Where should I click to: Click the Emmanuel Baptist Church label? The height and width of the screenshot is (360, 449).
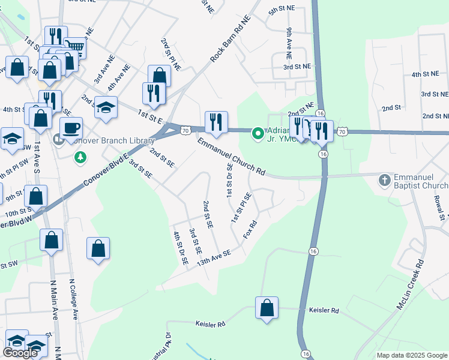tap(421, 180)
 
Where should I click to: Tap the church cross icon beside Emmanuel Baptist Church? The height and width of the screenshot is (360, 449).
tap(385, 179)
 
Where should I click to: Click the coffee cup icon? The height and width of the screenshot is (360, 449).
tap(71, 127)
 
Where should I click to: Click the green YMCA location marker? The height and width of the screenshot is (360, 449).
tap(258, 133)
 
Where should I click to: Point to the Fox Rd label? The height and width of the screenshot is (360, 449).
tap(250, 230)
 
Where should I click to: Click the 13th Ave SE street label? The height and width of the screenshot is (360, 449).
tap(214, 259)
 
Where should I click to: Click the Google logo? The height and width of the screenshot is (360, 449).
tap(20, 353)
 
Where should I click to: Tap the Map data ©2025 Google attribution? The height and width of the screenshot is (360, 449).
tap(411, 355)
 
